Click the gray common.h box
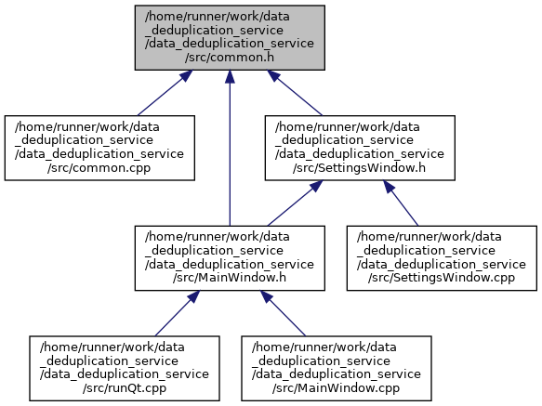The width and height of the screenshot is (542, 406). [230, 38]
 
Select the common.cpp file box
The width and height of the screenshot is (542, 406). [99, 148]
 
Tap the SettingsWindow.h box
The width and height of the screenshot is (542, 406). [360, 148]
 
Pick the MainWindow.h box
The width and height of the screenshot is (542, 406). [230, 258]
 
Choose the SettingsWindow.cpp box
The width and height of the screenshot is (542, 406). [442, 258]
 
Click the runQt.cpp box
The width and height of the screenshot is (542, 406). [125, 368]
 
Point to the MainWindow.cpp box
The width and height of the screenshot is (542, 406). [337, 368]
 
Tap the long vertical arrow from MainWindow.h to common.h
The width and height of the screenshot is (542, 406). [230, 148]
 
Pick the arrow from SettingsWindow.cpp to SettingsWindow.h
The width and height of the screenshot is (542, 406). [401, 203]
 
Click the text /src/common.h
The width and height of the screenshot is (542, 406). [230, 57]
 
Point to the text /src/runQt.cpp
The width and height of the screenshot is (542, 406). [125, 387]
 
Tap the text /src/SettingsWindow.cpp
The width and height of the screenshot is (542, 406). [442, 278]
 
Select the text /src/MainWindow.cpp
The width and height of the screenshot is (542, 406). [336, 387]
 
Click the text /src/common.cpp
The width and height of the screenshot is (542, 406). [99, 167]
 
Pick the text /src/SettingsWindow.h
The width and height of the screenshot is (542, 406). [360, 167]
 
